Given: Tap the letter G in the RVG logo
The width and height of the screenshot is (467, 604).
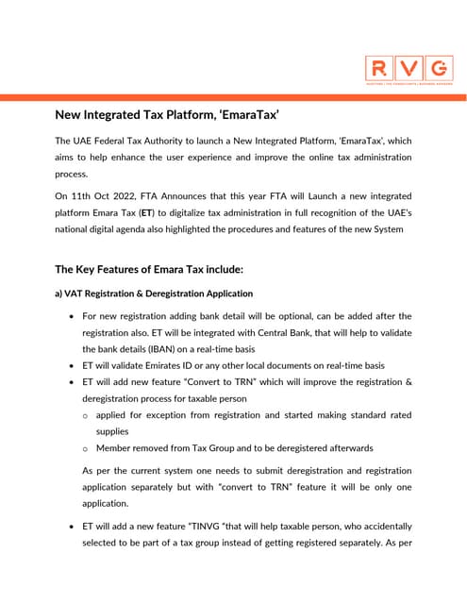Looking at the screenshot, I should (437, 68).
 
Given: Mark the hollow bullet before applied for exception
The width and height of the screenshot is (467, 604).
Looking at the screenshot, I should (86, 415).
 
